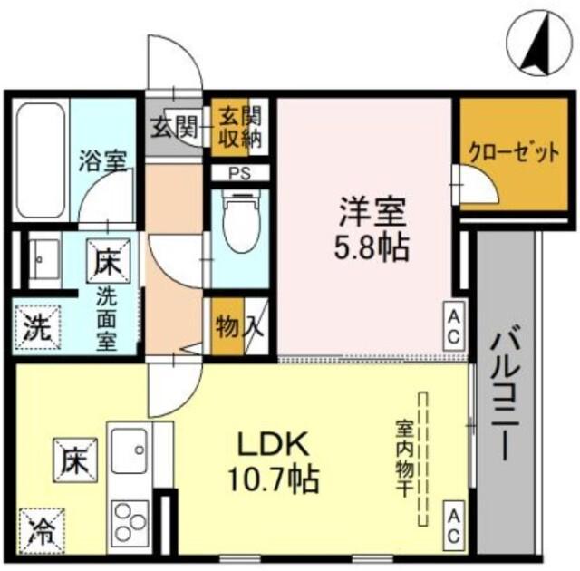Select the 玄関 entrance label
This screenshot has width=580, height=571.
click(x=173, y=128)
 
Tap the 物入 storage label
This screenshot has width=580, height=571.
click(x=237, y=326)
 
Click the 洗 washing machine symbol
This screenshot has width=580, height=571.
click(x=35, y=324)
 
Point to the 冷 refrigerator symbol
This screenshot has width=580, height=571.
click(x=39, y=528)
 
